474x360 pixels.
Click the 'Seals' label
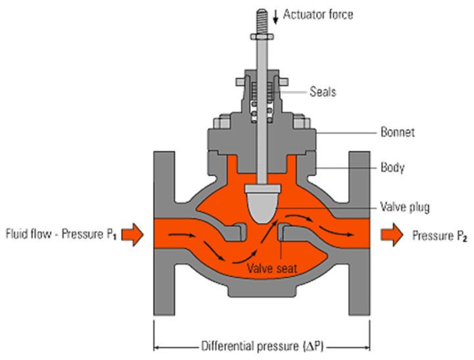click(x=323, y=92)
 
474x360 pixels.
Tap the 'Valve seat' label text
click(x=271, y=268)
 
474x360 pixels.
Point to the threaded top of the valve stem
click(x=258, y=18)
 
